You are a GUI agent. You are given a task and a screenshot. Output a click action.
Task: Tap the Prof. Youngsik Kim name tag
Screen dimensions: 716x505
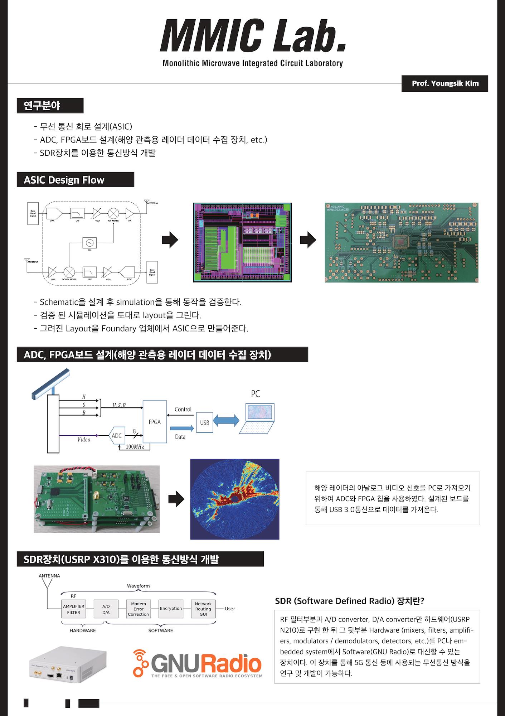pyautogui.click(x=445, y=83)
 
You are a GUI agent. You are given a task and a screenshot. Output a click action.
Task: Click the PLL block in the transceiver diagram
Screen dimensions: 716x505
pyautogui.click(x=89, y=243)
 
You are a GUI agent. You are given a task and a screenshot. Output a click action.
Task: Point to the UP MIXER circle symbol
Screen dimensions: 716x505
pyautogui.click(x=113, y=213)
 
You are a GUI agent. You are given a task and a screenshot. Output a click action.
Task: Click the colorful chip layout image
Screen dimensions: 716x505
pyautogui.click(x=242, y=242)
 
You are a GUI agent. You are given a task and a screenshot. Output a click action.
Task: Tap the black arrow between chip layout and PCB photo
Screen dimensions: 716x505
pyautogui.click(x=308, y=240)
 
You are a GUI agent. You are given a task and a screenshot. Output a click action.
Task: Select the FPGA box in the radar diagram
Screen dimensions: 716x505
pyautogui.click(x=155, y=422)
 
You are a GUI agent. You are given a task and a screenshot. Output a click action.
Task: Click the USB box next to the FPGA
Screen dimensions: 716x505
pyautogui.click(x=204, y=422)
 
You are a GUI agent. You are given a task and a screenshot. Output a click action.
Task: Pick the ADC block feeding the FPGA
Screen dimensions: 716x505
pyautogui.click(x=117, y=436)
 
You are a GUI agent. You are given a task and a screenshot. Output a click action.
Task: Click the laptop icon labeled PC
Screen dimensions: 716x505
pyautogui.click(x=257, y=418)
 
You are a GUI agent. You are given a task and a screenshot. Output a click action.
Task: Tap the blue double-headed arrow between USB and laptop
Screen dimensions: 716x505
pyautogui.click(x=226, y=420)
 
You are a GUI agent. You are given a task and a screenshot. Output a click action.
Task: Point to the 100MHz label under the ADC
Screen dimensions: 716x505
pyautogui.click(x=135, y=447)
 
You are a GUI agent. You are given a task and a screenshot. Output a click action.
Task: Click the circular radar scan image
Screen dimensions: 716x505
pyautogui.click(x=234, y=499)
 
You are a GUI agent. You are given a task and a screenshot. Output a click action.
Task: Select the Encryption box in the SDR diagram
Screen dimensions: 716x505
pyautogui.click(x=171, y=609)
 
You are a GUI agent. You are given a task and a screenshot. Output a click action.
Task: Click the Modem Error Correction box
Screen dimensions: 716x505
pyautogui.click(x=138, y=609)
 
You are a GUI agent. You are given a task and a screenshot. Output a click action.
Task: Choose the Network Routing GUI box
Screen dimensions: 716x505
pyautogui.click(x=203, y=609)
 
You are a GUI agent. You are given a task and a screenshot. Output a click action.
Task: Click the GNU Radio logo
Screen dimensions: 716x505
pyautogui.click(x=197, y=664)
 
